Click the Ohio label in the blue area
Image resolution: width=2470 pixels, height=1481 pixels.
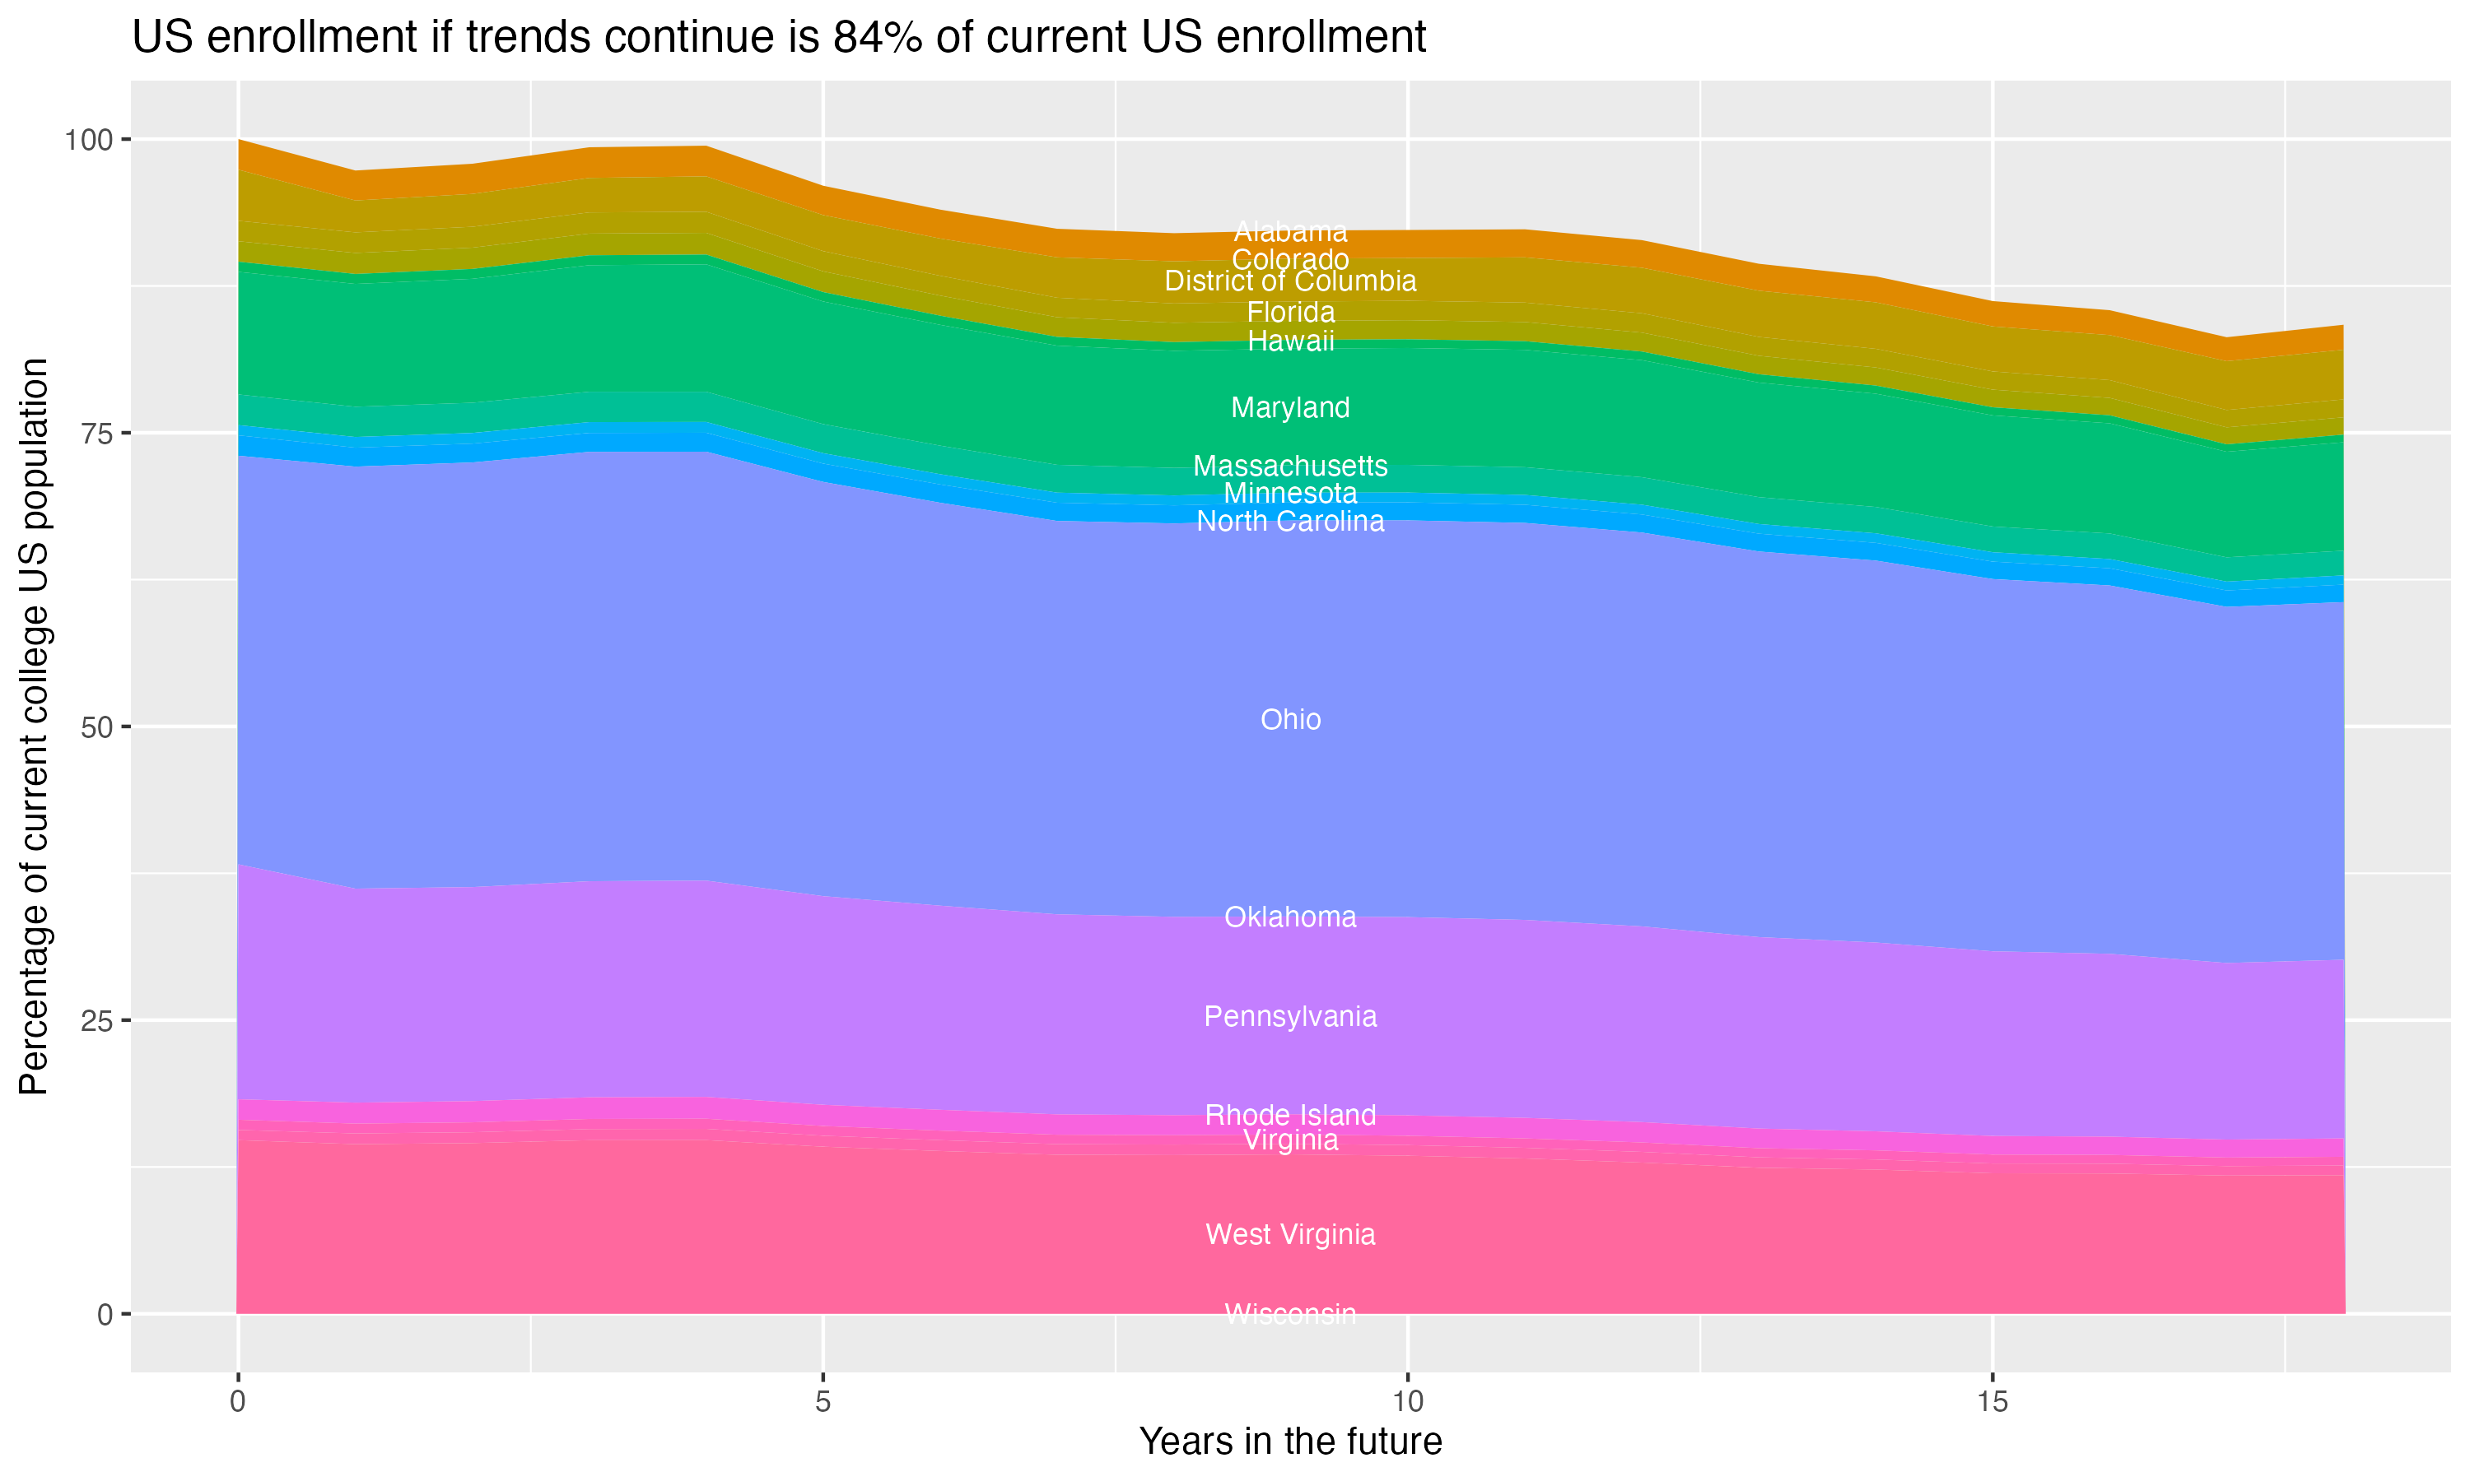pyautogui.click(x=1290, y=720)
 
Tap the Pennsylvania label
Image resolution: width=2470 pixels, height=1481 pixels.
pyautogui.click(x=1290, y=1017)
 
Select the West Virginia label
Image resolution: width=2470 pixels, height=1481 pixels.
pyautogui.click(x=1290, y=1234)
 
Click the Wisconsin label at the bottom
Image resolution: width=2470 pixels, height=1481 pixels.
pyautogui.click(x=1290, y=1314)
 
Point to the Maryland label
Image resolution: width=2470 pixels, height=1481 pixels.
pyautogui.click(x=1290, y=407)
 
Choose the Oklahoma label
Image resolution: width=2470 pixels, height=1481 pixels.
pyautogui.click(x=1290, y=917)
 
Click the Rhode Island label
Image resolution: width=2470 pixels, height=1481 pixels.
pyautogui.click(x=1290, y=1115)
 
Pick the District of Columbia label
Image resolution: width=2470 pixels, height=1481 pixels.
pyautogui.click(x=1290, y=281)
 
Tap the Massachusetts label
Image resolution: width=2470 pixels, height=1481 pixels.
pyautogui.click(x=1290, y=466)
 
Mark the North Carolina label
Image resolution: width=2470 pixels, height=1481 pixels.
pyautogui.click(x=1290, y=521)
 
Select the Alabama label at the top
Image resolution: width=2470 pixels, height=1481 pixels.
pyautogui.click(x=1290, y=231)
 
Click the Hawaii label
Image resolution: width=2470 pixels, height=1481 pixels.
pyautogui.click(x=1290, y=341)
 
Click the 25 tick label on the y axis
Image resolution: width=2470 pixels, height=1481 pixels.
pyautogui.click(x=97, y=1021)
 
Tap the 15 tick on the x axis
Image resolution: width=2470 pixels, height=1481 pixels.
pyautogui.click(x=1992, y=1402)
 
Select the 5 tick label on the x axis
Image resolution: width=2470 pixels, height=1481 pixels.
pyautogui.click(x=823, y=1402)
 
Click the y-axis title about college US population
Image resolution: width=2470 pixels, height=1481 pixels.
pyautogui.click(x=34, y=727)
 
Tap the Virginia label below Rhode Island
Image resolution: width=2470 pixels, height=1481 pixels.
pyautogui.click(x=1290, y=1140)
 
